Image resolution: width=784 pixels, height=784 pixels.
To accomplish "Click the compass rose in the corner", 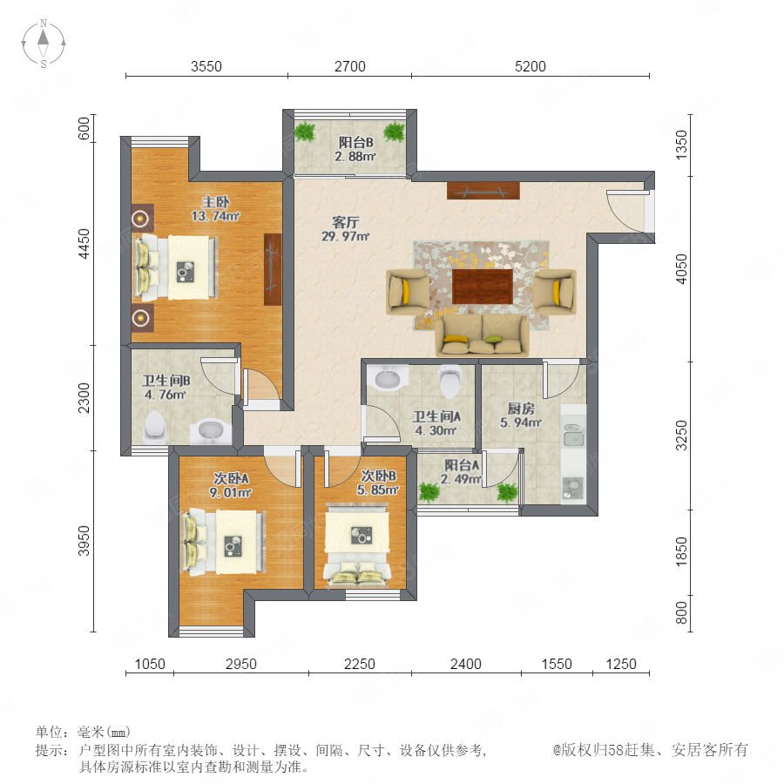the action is click(44, 43).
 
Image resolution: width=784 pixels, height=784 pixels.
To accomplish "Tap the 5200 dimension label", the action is click(530, 66).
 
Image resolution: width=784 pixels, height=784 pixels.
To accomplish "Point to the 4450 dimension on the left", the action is click(84, 244).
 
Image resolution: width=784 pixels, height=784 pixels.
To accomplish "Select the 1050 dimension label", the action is click(150, 664).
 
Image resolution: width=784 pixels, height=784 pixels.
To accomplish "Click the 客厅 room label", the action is click(346, 221).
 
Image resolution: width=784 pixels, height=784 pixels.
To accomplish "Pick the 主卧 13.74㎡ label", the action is click(215, 209).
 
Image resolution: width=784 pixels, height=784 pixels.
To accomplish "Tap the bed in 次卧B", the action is click(357, 545).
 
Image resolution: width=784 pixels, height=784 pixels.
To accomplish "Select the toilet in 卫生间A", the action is click(449, 380).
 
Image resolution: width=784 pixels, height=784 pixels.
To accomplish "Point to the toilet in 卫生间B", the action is click(154, 427).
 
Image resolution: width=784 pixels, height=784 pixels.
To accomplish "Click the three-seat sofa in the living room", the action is click(482, 335).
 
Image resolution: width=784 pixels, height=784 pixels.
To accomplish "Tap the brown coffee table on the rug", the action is click(483, 287).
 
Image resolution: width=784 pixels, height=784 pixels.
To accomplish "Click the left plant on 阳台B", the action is click(305, 132).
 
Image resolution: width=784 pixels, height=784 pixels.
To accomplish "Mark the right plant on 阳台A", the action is click(507, 492).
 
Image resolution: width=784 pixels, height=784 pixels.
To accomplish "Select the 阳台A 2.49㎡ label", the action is click(462, 472).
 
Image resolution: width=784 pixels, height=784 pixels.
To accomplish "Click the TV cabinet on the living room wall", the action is click(483, 191).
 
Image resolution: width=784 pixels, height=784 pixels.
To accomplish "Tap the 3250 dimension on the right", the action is click(681, 435).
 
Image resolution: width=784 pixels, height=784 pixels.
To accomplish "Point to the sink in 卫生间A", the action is click(388, 380).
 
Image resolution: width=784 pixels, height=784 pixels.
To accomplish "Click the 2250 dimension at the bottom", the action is click(360, 664).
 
